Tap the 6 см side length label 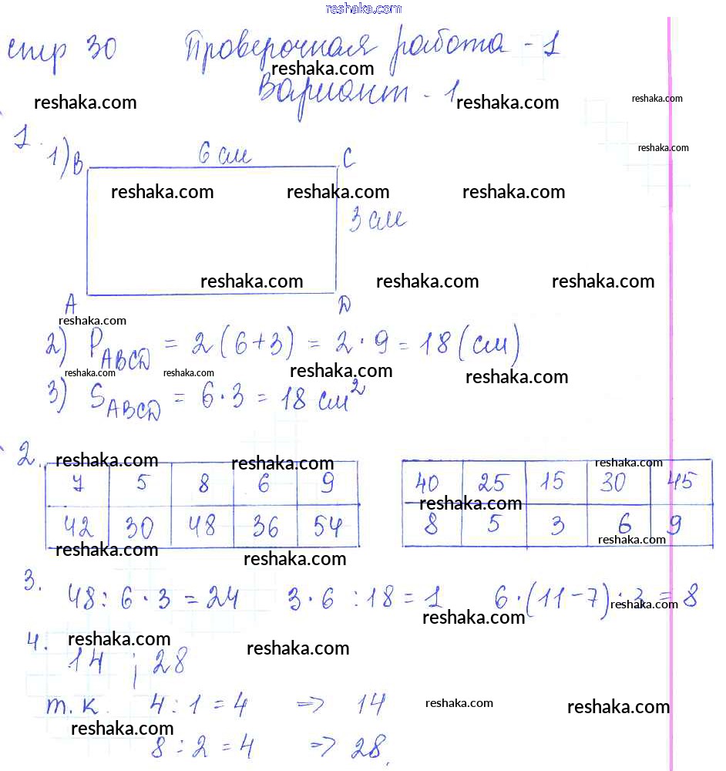[224, 156]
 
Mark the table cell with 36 [265, 527]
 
